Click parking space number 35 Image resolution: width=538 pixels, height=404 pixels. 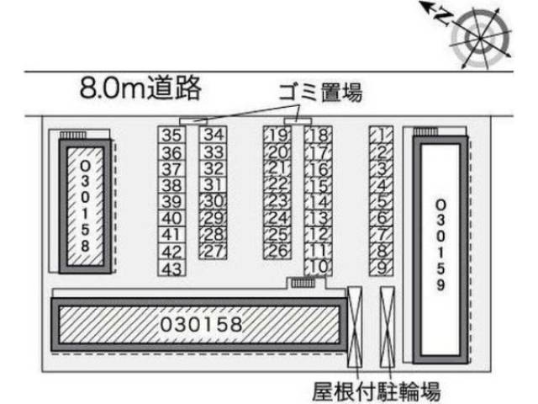172,135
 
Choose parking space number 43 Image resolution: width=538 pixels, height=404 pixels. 172,268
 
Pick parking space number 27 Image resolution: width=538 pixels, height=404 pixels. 214,251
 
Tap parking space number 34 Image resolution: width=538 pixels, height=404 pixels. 214,135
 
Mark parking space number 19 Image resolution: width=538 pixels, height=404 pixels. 277,135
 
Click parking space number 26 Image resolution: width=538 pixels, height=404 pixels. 277,251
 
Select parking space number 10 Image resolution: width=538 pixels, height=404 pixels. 318,268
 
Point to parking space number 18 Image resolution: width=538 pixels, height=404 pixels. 318,135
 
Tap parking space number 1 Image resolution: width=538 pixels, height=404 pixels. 381,135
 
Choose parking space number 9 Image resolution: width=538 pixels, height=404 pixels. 381,268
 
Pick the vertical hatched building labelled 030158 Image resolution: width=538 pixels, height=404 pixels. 84,207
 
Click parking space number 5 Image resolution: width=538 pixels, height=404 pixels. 381,201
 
